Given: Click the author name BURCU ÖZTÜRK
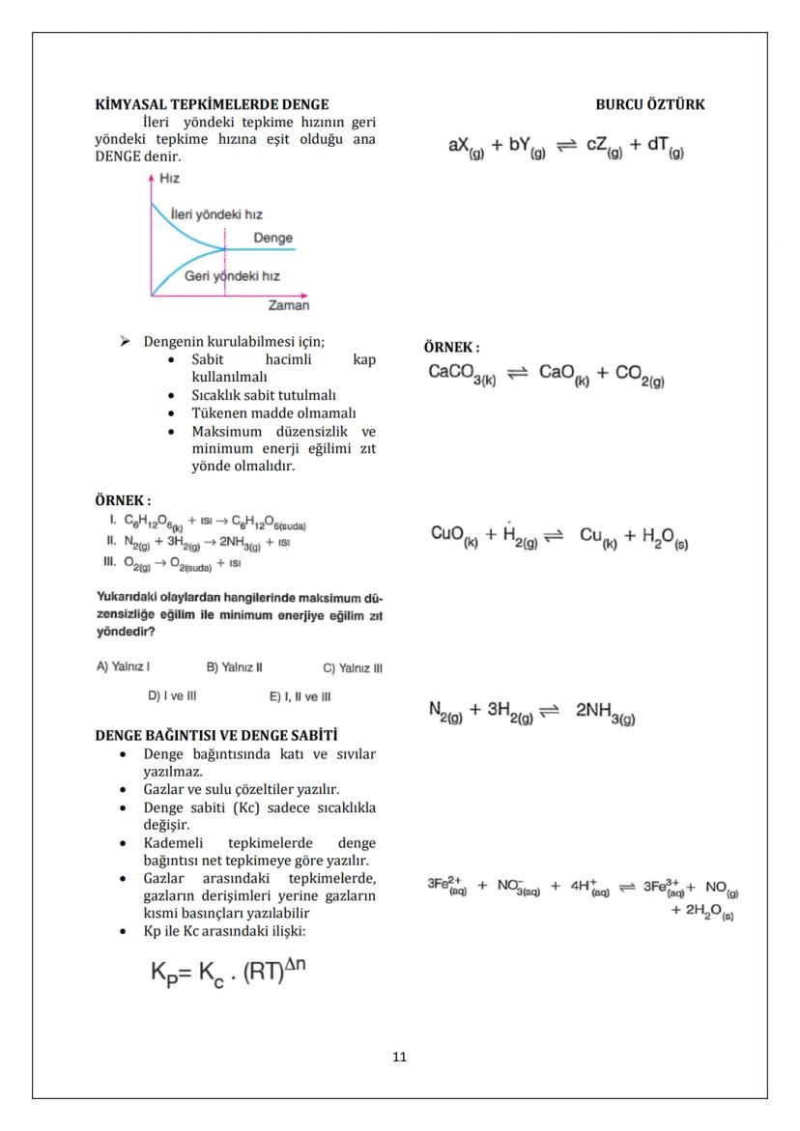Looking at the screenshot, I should coord(650,104).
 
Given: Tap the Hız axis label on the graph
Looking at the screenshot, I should coord(169,179).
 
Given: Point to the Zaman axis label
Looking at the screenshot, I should coord(288,305).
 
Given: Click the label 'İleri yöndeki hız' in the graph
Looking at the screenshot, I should coord(215,213).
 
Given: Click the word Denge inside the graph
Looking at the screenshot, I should coord(272,238).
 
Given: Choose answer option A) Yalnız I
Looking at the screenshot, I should coord(123,666).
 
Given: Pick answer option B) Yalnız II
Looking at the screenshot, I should coord(235,666).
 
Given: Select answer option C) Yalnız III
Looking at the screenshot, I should coord(353,666).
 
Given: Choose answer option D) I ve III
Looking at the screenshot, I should coord(172,695).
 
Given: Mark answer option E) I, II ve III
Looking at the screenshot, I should coord(300,695).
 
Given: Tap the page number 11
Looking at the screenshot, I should coord(400,1057).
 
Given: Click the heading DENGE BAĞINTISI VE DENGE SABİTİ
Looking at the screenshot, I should coord(216,736).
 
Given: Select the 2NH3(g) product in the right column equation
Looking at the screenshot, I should coord(605,712).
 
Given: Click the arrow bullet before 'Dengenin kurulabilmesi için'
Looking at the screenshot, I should coord(125,342).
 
